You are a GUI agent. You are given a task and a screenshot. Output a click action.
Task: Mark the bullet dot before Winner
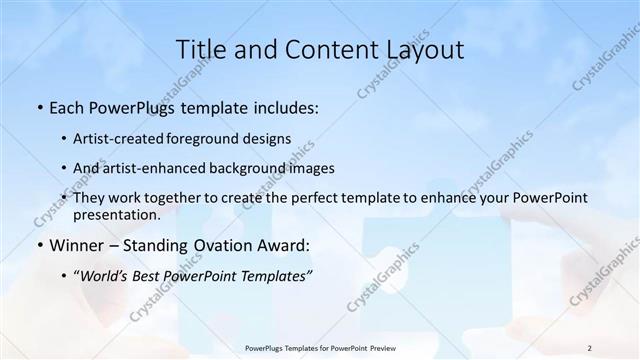click(39, 245)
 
